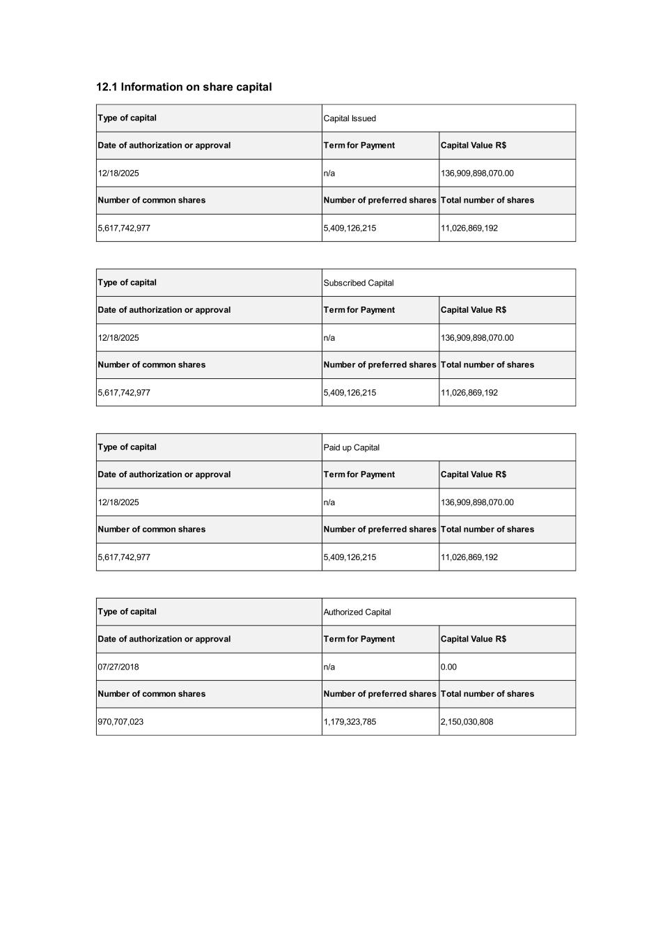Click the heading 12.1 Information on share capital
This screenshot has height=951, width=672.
point(184,87)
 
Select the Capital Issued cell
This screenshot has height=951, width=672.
point(350,118)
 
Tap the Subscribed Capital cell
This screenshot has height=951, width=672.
point(359,283)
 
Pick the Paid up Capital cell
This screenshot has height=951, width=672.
point(352,447)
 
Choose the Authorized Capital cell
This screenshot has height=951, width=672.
point(357,612)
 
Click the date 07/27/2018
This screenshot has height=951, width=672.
point(118,667)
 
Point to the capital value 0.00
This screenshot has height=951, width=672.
point(449,667)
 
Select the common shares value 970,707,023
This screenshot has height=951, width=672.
point(120,722)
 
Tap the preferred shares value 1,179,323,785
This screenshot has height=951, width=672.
point(350,722)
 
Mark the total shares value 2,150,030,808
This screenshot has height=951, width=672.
point(467,722)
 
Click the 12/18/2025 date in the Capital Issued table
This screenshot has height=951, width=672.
point(118,173)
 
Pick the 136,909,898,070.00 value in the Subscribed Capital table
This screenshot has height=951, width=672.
point(477,338)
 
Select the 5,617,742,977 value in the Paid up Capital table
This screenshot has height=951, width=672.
point(124,557)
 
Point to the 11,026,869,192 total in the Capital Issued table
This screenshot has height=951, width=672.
point(469,228)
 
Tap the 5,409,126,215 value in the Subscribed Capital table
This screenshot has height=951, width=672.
point(350,393)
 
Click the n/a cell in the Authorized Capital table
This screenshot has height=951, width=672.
point(329,667)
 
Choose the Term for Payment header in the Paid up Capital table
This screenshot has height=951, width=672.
point(359,474)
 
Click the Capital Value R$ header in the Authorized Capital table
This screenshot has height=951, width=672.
point(474,639)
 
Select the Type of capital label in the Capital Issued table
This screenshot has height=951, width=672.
point(127,118)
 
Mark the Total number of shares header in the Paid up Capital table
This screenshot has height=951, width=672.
point(487,529)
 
